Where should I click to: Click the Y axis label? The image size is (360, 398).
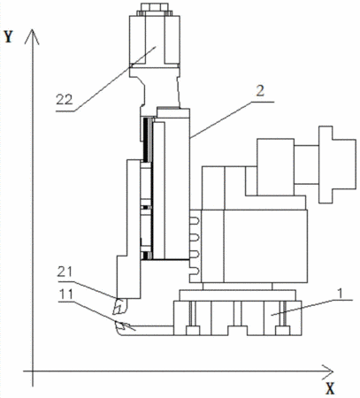pyautogui.click(x=9, y=36)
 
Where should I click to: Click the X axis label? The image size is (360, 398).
pyautogui.click(x=330, y=388)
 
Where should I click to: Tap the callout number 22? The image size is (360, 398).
pyautogui.click(x=65, y=100)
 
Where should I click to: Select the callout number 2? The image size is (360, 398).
pyautogui.click(x=260, y=91)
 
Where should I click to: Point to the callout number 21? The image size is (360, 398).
pyautogui.click(x=65, y=272)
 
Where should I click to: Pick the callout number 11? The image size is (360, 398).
pyautogui.click(x=66, y=294)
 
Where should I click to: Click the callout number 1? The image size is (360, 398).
pyautogui.click(x=341, y=294)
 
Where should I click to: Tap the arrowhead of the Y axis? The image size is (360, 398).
pyautogui.click(x=32, y=36)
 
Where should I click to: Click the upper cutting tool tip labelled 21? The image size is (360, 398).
pyautogui.click(x=119, y=307)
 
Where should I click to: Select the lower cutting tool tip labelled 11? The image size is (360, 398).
pyautogui.click(x=121, y=326)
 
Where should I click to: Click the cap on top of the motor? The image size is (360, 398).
pyautogui.click(x=154, y=9)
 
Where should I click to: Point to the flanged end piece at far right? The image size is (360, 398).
pyautogui.click(x=337, y=165)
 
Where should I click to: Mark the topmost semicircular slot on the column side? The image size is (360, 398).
pyautogui.click(x=195, y=221)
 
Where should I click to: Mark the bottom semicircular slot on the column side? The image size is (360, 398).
pyautogui.click(x=195, y=272)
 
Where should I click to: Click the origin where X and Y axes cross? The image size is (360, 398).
pyautogui.click(x=33, y=371)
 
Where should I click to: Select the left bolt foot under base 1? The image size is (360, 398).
pyautogui.click(x=192, y=331)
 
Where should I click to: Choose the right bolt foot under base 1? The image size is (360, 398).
pyautogui.click(x=283, y=331)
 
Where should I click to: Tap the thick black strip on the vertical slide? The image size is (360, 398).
pyautogui.click(x=145, y=140)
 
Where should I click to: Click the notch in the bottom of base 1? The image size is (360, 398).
pyautogui.click(x=237, y=331)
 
